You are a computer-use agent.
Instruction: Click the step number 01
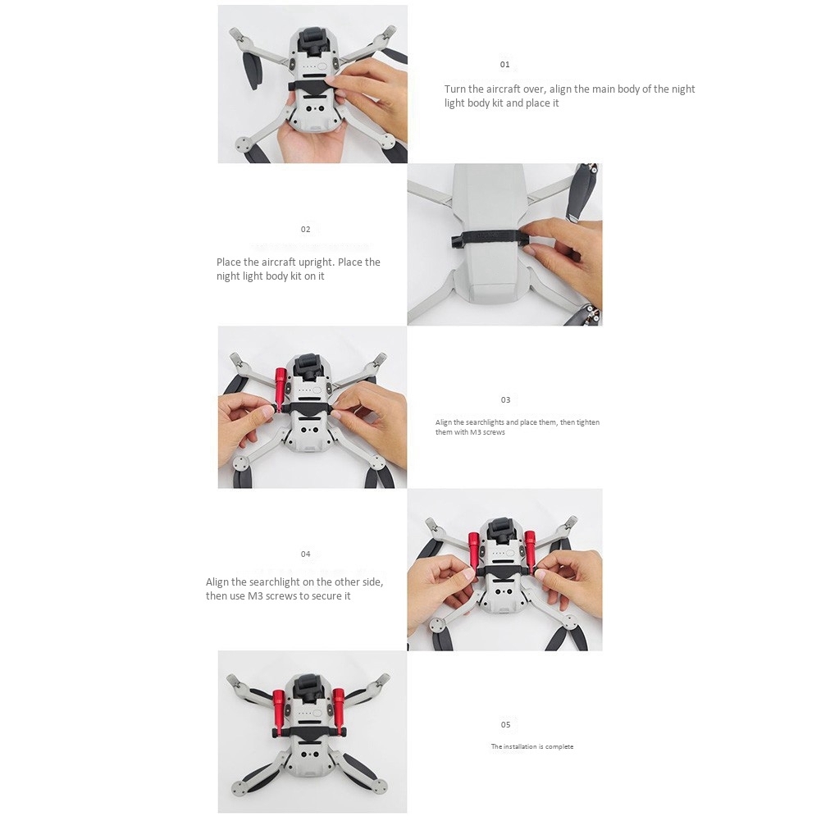point(504,65)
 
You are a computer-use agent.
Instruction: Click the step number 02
point(305,230)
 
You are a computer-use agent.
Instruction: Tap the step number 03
point(505,400)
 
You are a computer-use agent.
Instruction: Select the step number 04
point(305,554)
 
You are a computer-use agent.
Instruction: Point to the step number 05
point(505,725)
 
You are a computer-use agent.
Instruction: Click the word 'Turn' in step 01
point(455,89)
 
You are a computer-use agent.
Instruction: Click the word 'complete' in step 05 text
point(559,746)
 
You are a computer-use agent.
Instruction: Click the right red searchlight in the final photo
point(340,709)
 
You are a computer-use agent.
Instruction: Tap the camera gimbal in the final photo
point(311,689)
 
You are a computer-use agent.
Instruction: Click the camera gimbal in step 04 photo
point(504,534)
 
